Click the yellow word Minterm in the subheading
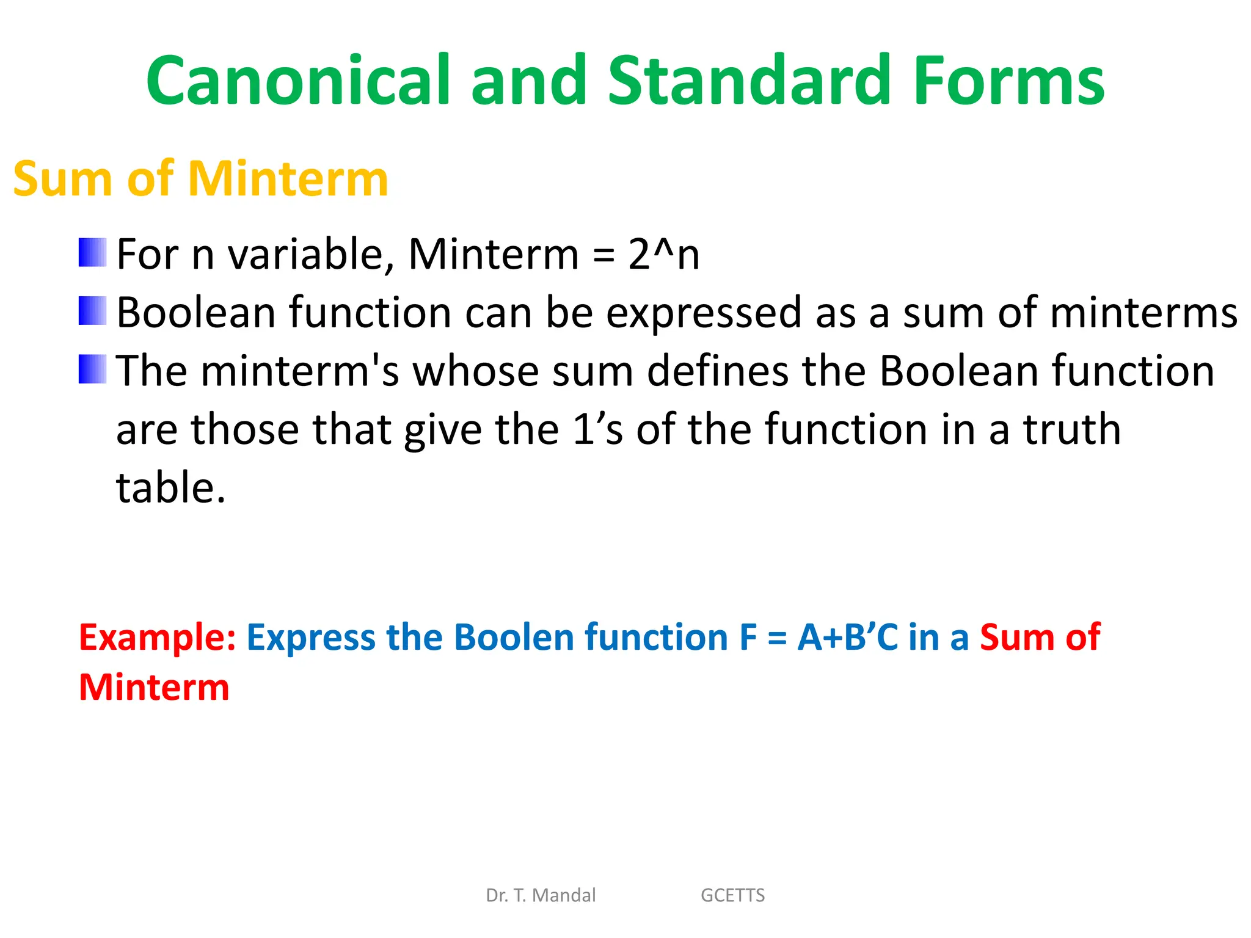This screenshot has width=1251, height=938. (x=288, y=179)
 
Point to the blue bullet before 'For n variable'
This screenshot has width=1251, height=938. (x=92, y=253)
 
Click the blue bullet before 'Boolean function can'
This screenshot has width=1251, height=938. (x=92, y=311)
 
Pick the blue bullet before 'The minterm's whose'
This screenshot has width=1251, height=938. (x=92, y=369)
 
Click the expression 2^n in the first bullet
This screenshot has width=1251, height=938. (x=663, y=254)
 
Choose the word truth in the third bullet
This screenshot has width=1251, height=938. (x=1072, y=429)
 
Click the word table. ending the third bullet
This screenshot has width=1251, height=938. (x=171, y=488)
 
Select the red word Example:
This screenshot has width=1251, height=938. (x=158, y=638)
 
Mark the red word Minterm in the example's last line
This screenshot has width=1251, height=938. (x=154, y=688)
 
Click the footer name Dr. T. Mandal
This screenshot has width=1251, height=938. (x=541, y=895)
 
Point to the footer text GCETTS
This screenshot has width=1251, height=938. (x=732, y=895)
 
